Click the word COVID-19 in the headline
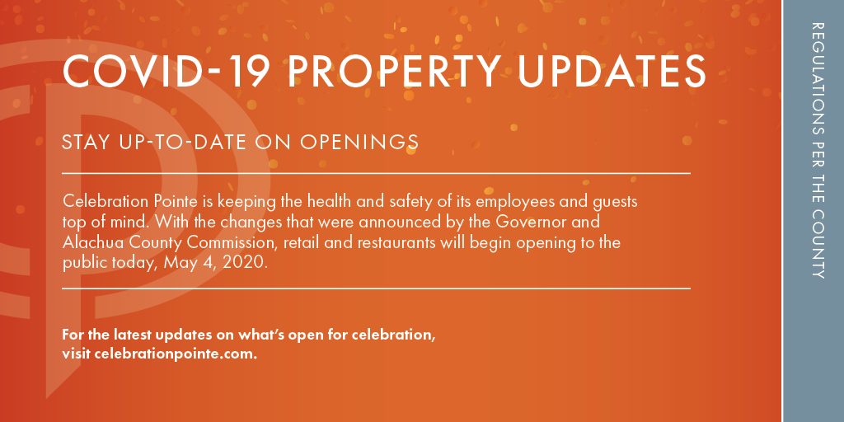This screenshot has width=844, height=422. tap(166, 71)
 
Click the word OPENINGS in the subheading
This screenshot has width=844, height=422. tap(359, 142)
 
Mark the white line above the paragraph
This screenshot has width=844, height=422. tap(376, 173)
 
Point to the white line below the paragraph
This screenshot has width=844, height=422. tap(376, 288)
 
